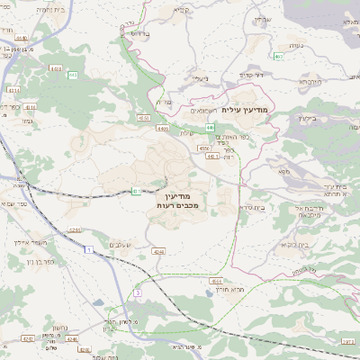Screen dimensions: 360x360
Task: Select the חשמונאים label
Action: click(x=206, y=110)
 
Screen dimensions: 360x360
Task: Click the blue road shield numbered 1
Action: click(x=90, y=247)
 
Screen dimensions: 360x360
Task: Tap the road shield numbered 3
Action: click(x=137, y=293)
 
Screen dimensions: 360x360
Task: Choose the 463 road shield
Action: click(x=279, y=57)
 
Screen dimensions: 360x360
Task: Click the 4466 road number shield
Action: click(x=163, y=129)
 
